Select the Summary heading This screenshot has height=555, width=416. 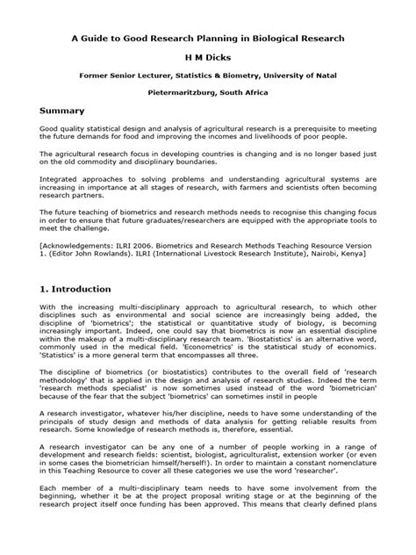(x=61, y=111)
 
